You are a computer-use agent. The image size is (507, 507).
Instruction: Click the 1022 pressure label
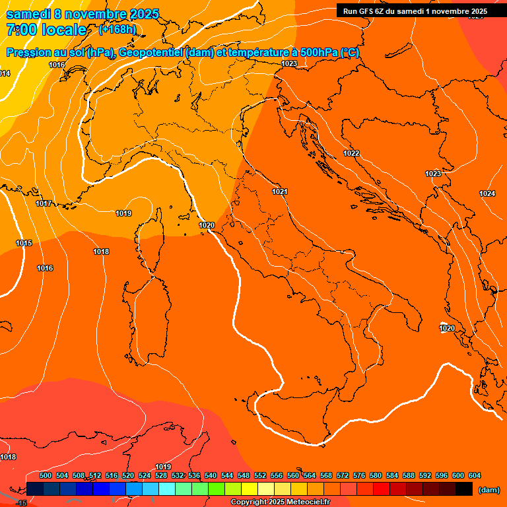(351, 153)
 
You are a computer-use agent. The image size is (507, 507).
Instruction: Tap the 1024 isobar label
(487, 193)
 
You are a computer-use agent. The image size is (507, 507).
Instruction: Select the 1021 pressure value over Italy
(280, 191)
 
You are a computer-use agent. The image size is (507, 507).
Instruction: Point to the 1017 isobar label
(44, 203)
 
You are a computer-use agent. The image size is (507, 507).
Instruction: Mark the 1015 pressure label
(24, 244)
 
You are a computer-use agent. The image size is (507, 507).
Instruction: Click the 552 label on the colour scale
(260, 475)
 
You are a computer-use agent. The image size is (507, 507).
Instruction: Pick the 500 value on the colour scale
(46, 475)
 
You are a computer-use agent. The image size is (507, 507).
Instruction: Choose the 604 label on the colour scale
(475, 475)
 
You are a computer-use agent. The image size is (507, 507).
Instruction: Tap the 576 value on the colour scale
(359, 475)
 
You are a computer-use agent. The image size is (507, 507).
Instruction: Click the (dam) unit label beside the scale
(489, 490)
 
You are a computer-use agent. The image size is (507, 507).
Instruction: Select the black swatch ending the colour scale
(464, 489)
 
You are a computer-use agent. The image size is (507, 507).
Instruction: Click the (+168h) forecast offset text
(117, 30)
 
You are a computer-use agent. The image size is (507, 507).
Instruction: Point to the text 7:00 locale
(46, 30)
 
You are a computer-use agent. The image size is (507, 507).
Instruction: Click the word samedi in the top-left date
(30, 14)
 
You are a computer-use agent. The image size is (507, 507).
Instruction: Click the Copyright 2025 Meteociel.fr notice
(280, 502)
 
